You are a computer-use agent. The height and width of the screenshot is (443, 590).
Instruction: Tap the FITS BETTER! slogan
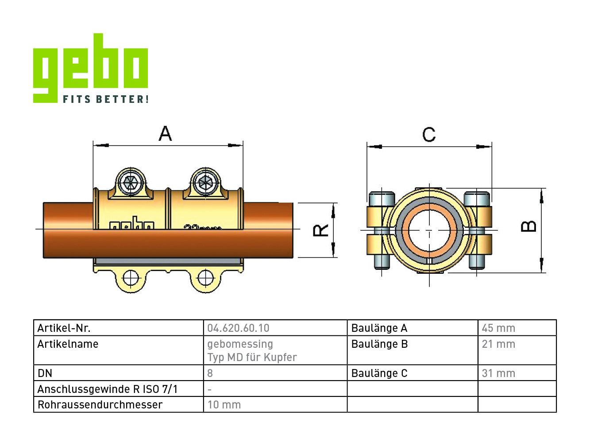[106, 99]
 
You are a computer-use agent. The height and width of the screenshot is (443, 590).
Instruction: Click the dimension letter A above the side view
[165, 133]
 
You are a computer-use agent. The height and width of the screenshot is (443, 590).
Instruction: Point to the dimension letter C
[429, 135]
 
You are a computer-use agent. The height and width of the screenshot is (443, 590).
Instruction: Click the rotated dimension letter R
[321, 230]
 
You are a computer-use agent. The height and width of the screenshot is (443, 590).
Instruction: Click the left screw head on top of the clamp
[131, 183]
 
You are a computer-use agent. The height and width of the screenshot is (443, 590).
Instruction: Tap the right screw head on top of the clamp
[206, 183]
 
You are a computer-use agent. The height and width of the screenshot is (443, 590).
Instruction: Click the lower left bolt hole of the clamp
[131, 278]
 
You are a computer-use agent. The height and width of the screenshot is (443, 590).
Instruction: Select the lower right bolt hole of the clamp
[206, 278]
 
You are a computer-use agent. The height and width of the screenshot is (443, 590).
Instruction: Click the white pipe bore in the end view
[429, 230]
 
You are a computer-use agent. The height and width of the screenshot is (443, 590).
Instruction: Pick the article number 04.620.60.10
[239, 328]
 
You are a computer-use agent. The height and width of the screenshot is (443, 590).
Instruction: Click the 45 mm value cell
[498, 328]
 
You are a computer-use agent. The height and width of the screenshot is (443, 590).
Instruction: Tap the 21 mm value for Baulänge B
[498, 344]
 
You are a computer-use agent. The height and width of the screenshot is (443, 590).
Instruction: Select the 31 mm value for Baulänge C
[498, 373]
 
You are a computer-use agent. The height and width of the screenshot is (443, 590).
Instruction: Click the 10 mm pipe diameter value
[224, 404]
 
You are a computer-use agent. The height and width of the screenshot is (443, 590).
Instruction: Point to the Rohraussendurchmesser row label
[100, 404]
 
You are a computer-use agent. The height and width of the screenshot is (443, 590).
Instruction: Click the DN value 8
[210, 373]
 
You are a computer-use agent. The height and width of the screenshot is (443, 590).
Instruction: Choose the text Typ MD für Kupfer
[252, 357]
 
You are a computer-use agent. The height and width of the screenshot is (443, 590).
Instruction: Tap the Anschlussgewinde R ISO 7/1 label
[108, 389]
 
